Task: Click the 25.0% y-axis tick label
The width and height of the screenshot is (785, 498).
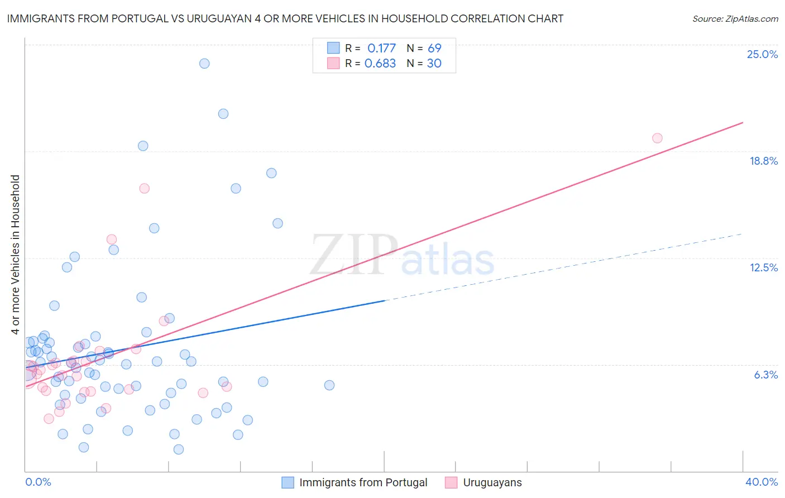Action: click(762, 54)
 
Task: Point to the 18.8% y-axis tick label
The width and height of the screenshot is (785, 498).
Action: click(763, 161)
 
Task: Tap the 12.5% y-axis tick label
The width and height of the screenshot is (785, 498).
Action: click(763, 267)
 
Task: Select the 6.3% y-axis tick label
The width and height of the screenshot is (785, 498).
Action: click(765, 375)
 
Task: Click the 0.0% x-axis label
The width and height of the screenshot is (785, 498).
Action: click(38, 482)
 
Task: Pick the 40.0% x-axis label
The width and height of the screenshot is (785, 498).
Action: click(761, 482)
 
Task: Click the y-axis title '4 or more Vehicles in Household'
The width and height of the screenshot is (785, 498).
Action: click(15, 255)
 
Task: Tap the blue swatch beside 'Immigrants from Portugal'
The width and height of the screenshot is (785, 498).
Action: click(288, 482)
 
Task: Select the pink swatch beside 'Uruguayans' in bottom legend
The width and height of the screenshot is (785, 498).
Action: click(451, 482)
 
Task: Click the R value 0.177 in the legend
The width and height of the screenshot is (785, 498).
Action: click(381, 48)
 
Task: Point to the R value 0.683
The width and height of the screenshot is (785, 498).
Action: click(380, 63)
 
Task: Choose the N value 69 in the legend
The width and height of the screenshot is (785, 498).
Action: click(434, 48)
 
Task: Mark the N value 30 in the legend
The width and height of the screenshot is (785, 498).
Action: click(434, 63)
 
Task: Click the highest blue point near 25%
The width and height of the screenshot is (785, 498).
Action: click(204, 63)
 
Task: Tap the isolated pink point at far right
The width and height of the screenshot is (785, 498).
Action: click(657, 138)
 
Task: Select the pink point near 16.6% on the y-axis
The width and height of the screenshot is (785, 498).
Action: click(144, 188)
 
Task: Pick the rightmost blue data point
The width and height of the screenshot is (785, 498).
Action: click(329, 385)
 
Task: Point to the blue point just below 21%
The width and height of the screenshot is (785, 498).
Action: click(223, 113)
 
